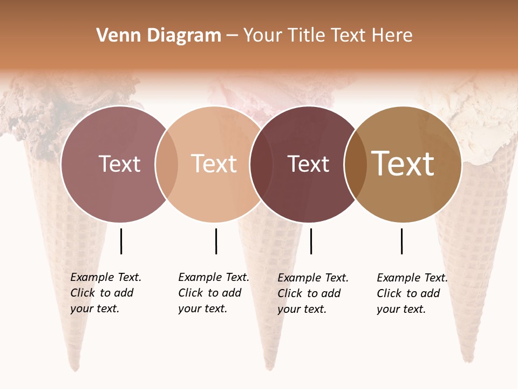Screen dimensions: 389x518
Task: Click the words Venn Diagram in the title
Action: [159, 36]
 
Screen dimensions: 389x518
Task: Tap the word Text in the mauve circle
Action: [119, 164]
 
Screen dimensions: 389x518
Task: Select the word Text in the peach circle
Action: [214, 164]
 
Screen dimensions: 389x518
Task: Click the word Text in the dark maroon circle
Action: [308, 164]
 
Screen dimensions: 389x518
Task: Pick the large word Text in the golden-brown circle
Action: [403, 164]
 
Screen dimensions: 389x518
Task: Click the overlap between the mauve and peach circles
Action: [167, 164]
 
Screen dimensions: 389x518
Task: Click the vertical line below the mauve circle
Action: [121, 241]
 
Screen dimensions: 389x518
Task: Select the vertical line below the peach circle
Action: [216, 241]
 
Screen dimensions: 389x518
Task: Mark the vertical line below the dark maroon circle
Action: [311, 241]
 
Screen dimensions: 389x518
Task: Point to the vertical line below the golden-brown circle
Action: [401, 241]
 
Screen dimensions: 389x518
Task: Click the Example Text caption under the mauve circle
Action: [105, 293]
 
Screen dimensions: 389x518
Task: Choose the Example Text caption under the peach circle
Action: [213, 293]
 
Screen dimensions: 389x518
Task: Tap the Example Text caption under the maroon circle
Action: [312, 293]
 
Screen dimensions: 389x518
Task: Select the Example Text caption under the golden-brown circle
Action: [412, 293]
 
